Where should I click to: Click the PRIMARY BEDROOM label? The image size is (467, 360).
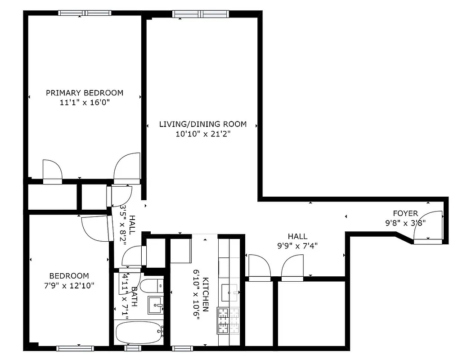84,93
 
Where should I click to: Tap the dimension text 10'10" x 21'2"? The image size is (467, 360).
202,134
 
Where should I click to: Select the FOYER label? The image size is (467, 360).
405,213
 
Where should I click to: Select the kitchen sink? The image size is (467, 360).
232,293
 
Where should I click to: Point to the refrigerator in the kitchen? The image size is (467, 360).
181,251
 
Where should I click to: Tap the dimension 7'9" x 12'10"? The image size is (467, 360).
69,285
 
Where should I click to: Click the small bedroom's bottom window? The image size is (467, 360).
75,348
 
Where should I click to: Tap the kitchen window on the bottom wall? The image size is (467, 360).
183,348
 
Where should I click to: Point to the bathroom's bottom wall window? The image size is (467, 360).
132,348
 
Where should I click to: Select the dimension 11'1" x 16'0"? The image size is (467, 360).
85,102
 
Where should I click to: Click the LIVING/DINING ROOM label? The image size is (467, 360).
202,124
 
